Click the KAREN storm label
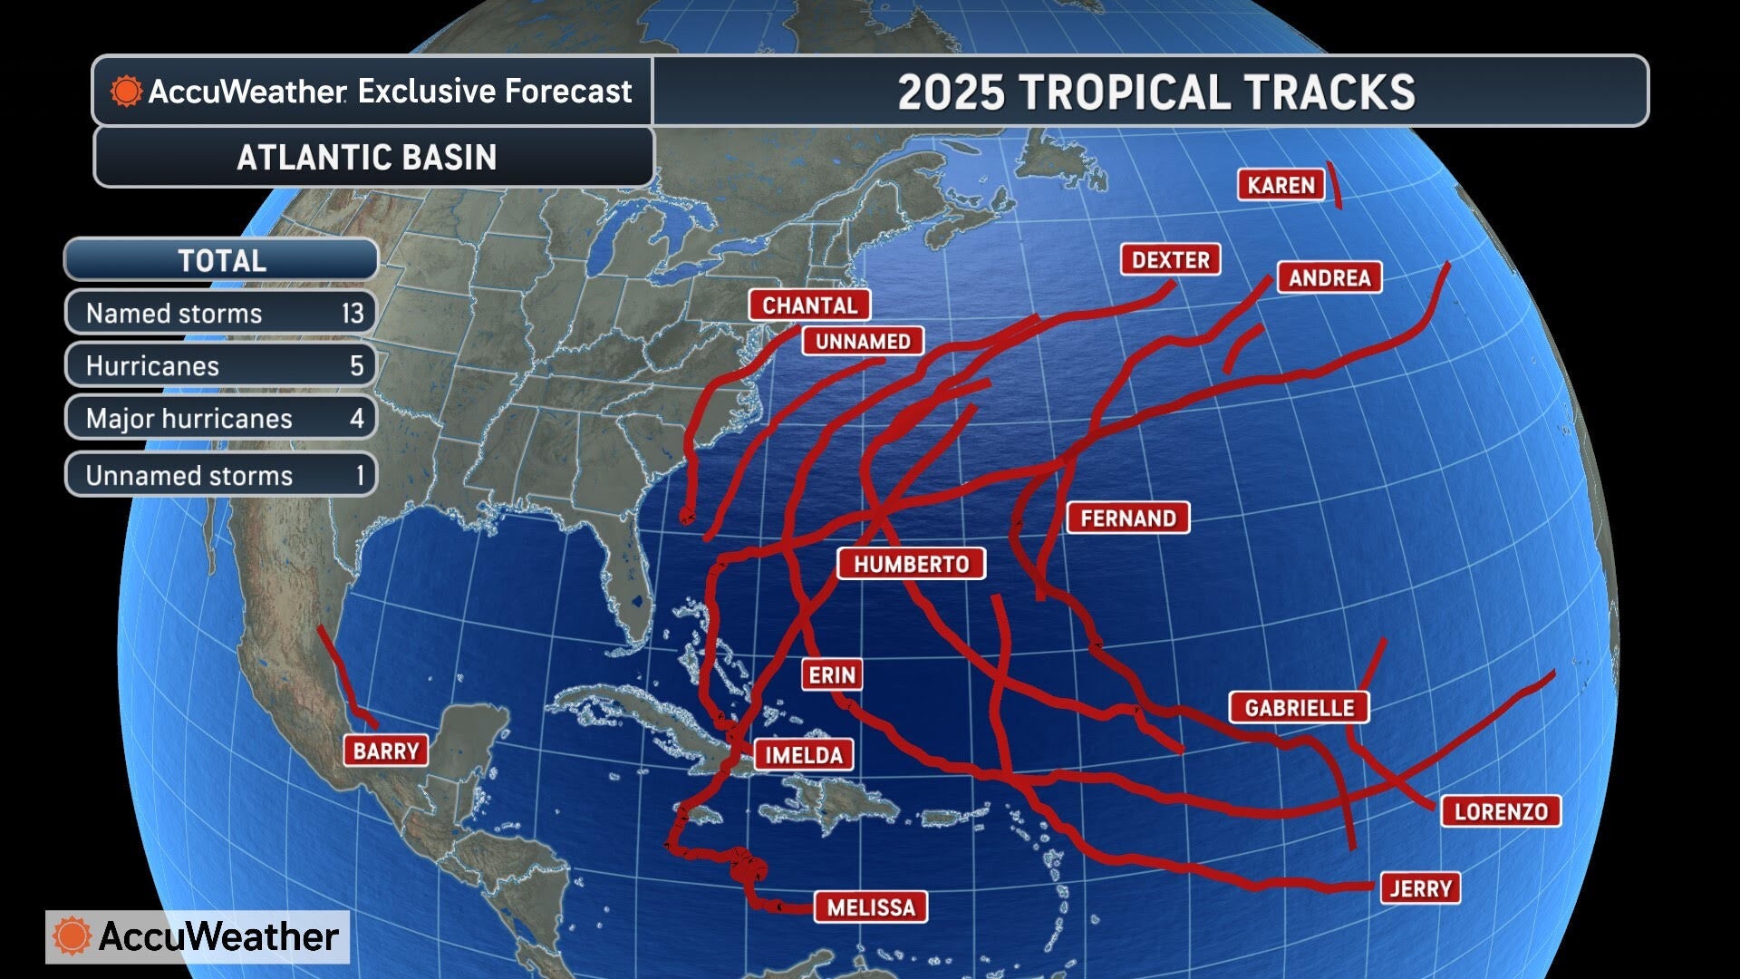click(1280, 185)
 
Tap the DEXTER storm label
click(1170, 260)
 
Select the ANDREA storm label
click(1329, 277)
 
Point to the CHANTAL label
click(809, 305)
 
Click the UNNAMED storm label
click(863, 342)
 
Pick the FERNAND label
click(1127, 519)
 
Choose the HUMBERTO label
click(911, 564)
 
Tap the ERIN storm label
click(831, 675)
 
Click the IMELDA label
click(803, 755)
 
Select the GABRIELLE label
click(1299, 708)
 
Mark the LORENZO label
click(1500, 811)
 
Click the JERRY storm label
click(1420, 888)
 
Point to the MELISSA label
click(871, 907)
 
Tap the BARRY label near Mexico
click(385, 751)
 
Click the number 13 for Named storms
click(352, 314)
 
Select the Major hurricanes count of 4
click(356, 419)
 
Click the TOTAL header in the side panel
click(221, 261)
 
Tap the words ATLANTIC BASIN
click(366, 158)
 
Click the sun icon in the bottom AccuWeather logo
click(72, 936)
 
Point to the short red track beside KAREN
click(1334, 185)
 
